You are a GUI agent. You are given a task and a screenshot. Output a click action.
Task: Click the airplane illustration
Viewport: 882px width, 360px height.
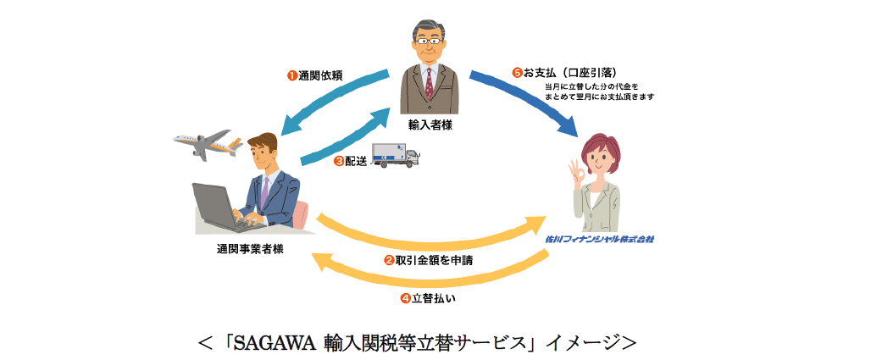click(x=201, y=146)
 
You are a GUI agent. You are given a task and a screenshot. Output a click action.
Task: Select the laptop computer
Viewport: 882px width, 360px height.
click(x=222, y=208)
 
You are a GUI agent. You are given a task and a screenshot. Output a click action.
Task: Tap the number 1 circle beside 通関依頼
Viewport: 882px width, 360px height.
click(x=291, y=75)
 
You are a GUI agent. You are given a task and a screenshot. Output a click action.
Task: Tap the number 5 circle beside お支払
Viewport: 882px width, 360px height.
click(x=517, y=72)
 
